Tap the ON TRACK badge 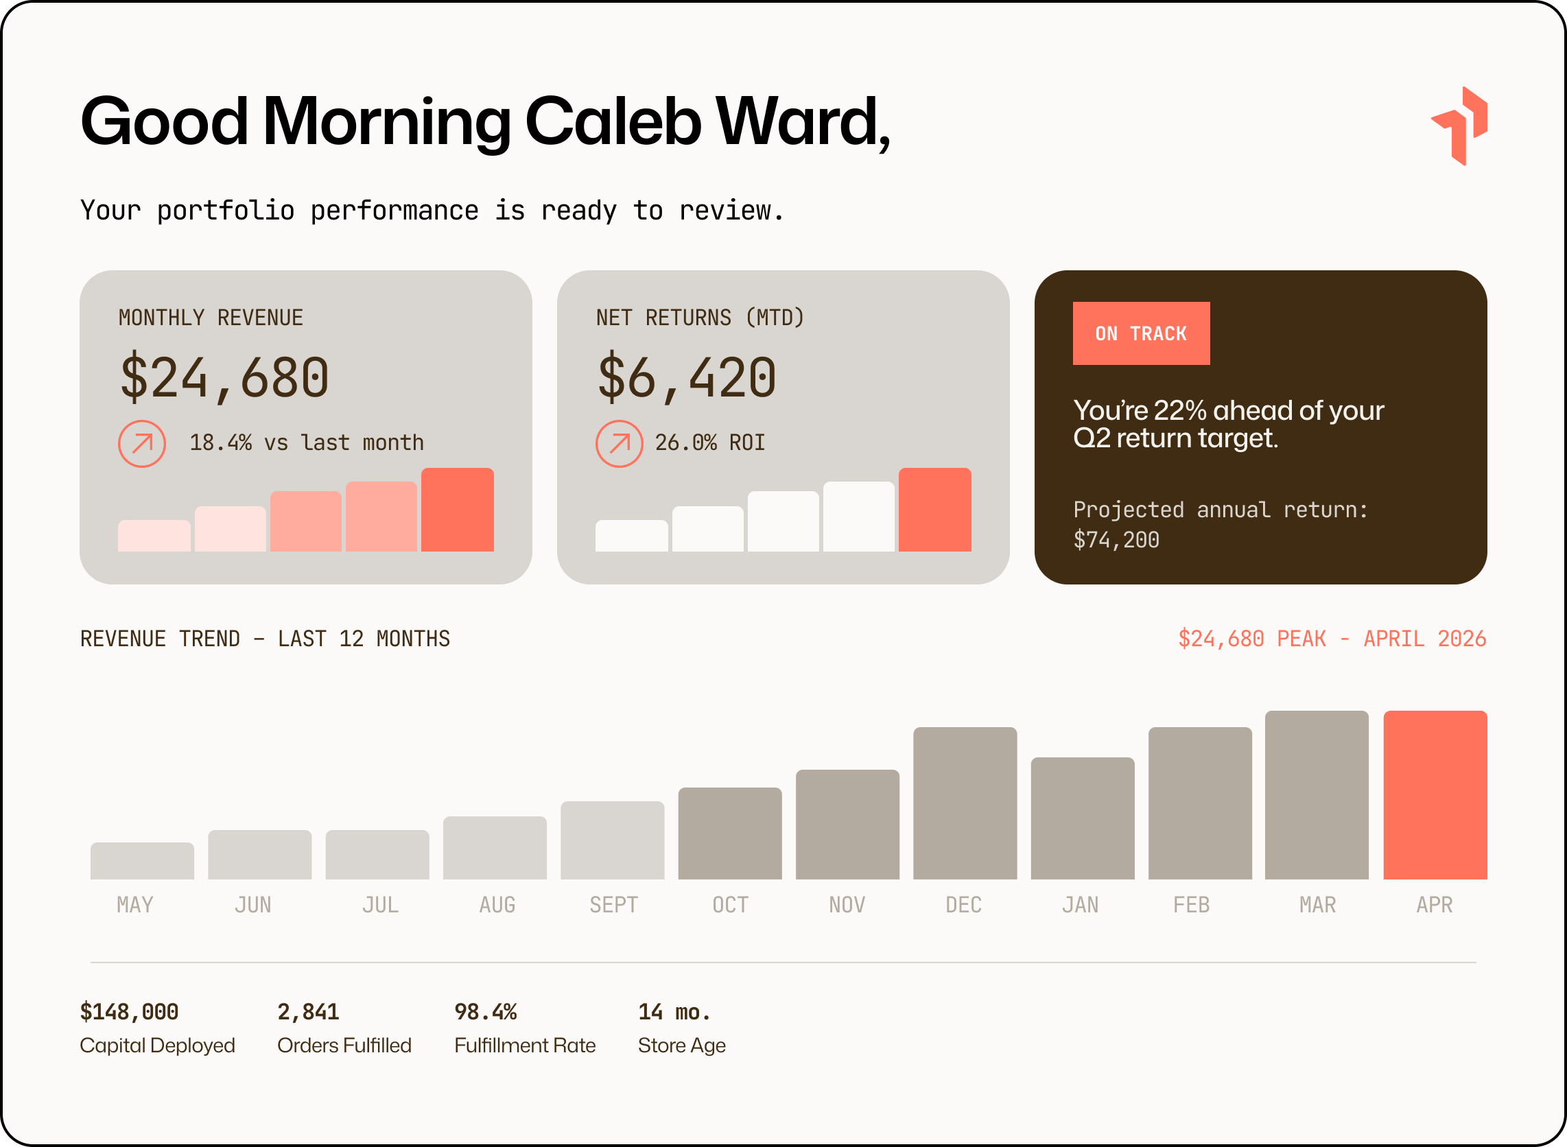point(1141,333)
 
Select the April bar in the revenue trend point(1435,795)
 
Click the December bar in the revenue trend point(965,803)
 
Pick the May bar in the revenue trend point(142,861)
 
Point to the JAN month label point(1081,905)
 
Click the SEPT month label point(613,905)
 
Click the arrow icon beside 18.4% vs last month point(141,444)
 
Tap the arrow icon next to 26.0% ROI point(620,444)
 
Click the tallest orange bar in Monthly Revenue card point(458,510)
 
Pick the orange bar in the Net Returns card point(934,510)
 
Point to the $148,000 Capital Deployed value point(129,1012)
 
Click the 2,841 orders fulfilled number point(308,1012)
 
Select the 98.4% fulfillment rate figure point(485,1012)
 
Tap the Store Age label point(681,1045)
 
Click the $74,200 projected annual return point(1116,540)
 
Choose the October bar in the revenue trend point(730,833)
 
